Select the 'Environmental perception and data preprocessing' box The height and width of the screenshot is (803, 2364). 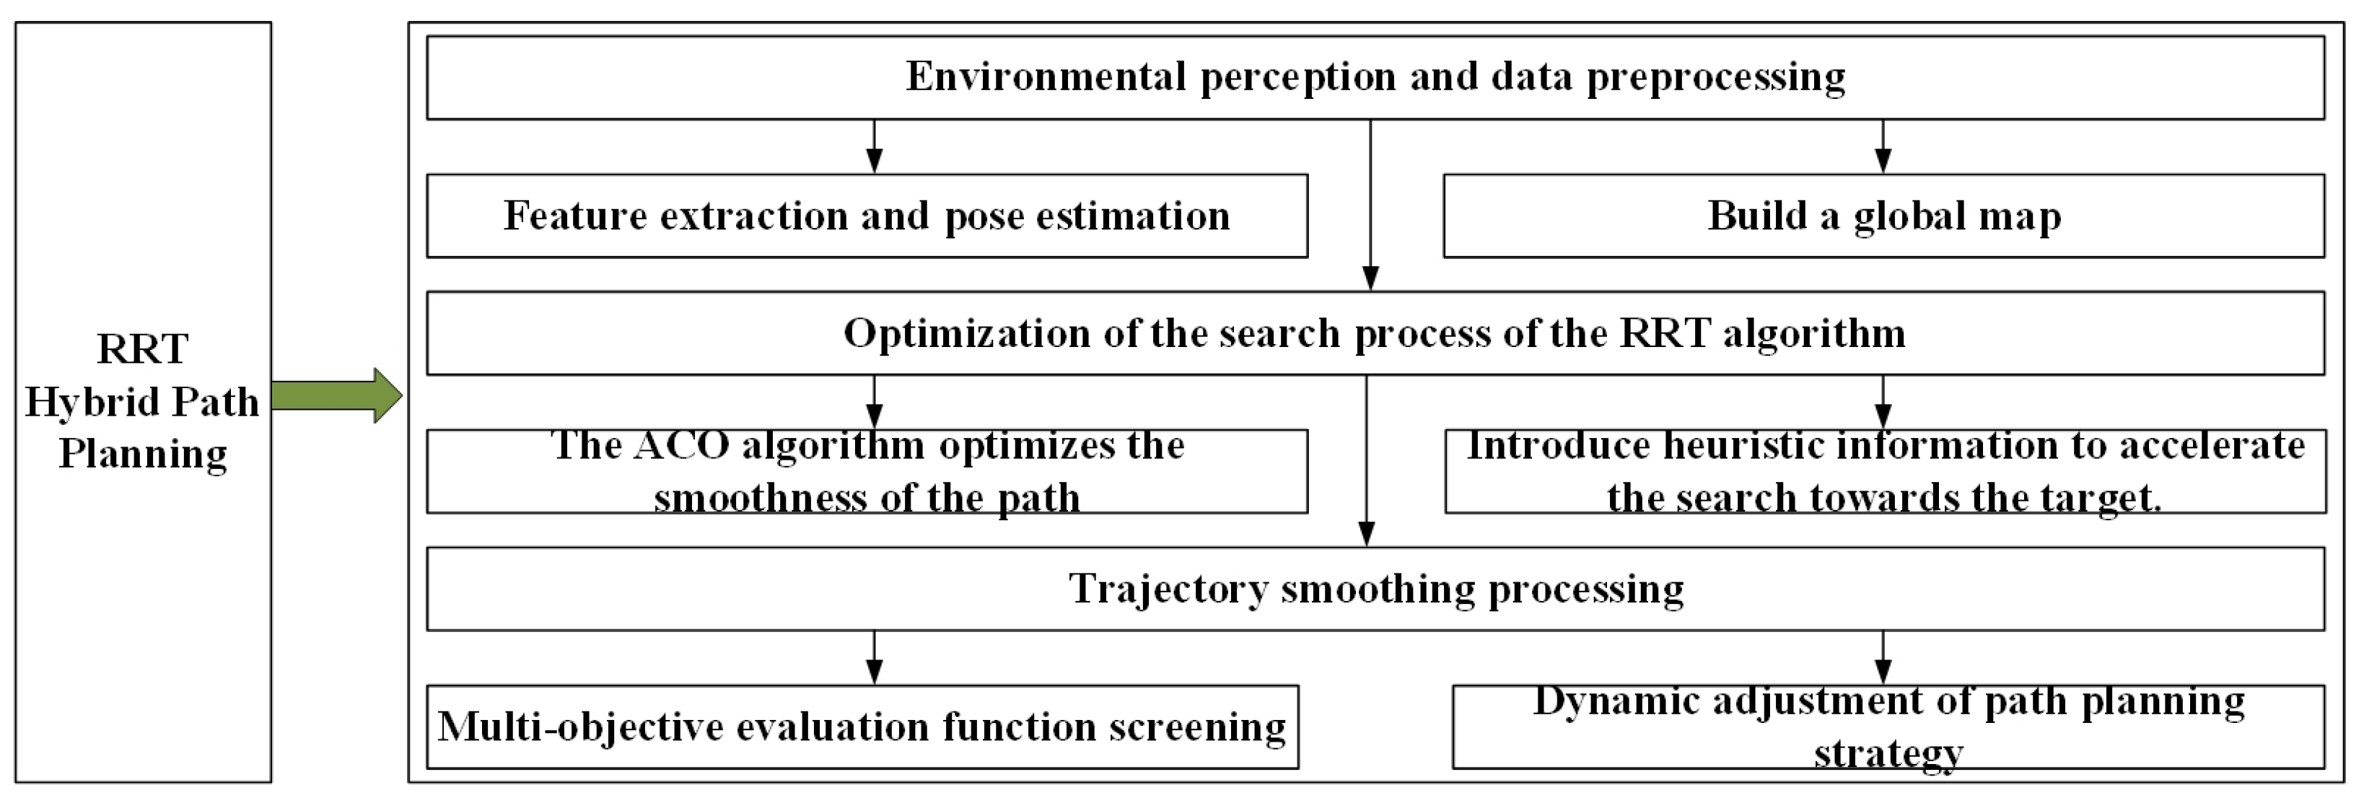(x=1375, y=77)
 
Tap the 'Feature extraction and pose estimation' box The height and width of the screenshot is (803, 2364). (x=867, y=216)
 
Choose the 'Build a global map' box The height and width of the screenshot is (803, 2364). (x=1883, y=216)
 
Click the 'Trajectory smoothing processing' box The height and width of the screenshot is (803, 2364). (x=1375, y=588)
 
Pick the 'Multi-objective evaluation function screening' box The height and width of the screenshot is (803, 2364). (x=862, y=726)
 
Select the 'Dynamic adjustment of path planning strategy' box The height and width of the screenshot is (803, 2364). (x=1888, y=726)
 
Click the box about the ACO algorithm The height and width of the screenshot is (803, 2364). (x=867, y=471)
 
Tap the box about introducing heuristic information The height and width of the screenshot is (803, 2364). (x=1885, y=471)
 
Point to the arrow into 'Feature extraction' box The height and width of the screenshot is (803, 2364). (x=875, y=147)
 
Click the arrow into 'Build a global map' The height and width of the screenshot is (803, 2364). (x=1882, y=147)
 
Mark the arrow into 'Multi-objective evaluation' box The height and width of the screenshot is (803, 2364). (x=875, y=657)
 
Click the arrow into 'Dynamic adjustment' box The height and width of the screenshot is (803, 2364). (x=1882, y=657)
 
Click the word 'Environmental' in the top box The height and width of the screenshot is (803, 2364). (x=1046, y=76)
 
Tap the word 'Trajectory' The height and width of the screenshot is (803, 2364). (x=1168, y=588)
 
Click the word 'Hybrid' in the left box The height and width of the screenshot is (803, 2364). (x=77, y=402)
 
